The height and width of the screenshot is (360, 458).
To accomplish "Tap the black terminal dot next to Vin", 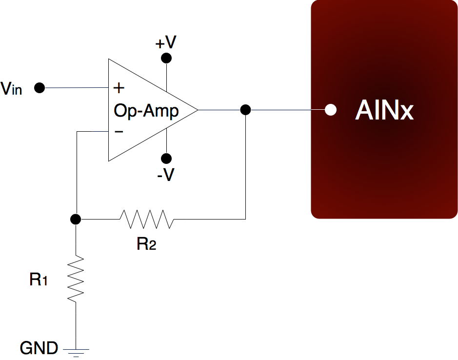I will (x=40, y=88).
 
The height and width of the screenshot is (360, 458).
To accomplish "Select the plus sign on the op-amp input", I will (x=119, y=88).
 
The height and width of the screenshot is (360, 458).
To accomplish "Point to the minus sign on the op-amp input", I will (x=119, y=132).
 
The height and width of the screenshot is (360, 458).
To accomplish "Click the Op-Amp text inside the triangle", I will (x=146, y=111).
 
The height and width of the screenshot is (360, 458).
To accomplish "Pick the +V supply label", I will (x=166, y=43).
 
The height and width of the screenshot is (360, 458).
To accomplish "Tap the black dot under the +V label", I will (x=166, y=59).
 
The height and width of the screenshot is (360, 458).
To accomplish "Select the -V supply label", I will (x=166, y=175).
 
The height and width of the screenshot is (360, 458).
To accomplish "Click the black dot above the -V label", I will (x=166, y=159).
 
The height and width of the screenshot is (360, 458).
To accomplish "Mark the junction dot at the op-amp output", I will (x=246, y=110).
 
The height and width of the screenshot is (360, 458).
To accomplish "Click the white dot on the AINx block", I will (x=331, y=110).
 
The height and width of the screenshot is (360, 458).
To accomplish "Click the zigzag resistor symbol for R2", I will (x=146, y=219).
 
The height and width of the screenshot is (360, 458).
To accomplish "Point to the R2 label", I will (x=146, y=243).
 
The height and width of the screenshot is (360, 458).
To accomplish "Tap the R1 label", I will (x=39, y=280).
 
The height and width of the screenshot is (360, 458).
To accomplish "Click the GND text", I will (x=39, y=348).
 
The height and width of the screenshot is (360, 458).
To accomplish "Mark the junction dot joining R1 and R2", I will (x=76, y=219).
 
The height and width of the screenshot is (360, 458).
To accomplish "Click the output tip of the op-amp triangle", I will (x=197, y=110).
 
